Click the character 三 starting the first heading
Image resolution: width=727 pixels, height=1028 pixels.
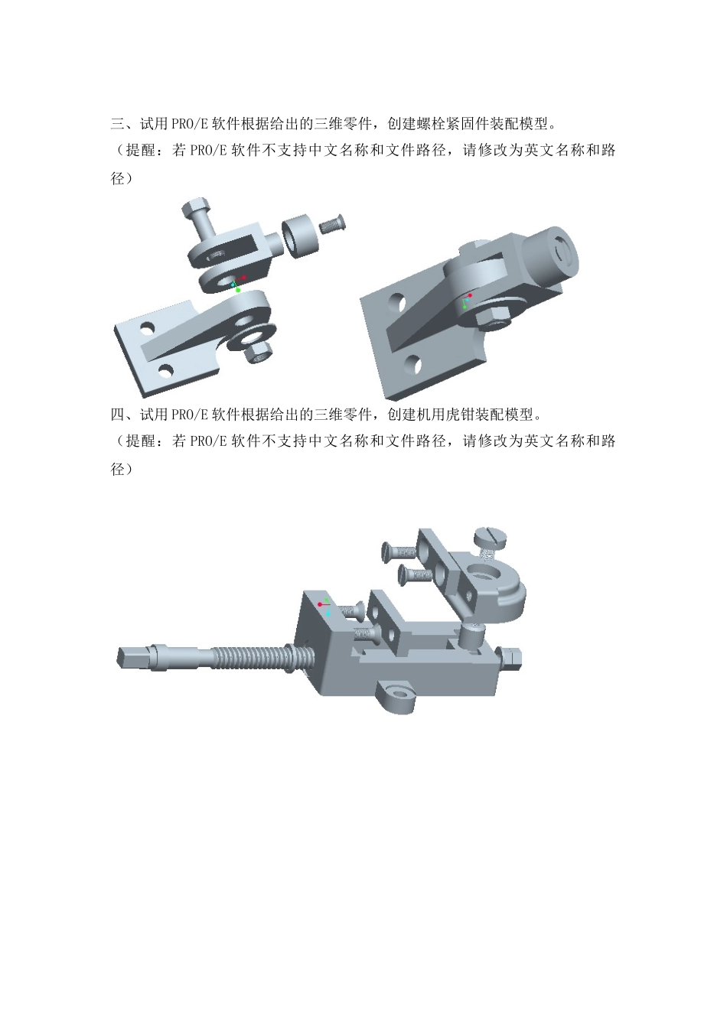coord(118,123)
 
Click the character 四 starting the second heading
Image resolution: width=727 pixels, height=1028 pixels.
coord(118,415)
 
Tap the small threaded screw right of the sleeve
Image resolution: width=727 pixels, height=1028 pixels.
coord(333,224)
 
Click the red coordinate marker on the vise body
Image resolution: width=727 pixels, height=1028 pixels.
coord(320,604)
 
